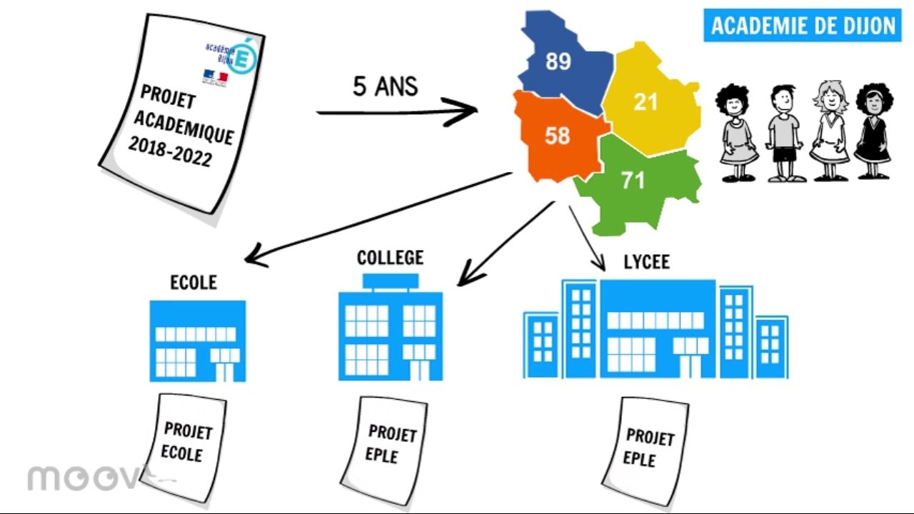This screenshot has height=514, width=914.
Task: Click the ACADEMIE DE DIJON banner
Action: pyautogui.click(x=803, y=26)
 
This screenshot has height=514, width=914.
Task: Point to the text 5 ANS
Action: pyautogui.click(x=386, y=86)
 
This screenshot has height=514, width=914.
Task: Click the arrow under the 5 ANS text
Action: pyautogui.click(x=396, y=112)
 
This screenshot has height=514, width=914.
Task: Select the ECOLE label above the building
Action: pyautogui.click(x=194, y=283)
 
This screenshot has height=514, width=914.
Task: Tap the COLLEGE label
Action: pyautogui.click(x=390, y=258)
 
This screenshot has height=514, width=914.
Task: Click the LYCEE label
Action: pyautogui.click(x=646, y=262)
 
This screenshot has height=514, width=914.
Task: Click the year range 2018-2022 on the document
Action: pyautogui.click(x=171, y=152)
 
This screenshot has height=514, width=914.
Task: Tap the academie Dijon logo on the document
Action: pyautogui.click(x=228, y=57)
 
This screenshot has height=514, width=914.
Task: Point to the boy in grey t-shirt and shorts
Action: pyautogui.click(x=784, y=132)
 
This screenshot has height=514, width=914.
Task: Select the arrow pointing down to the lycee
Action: pyautogui.click(x=587, y=239)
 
